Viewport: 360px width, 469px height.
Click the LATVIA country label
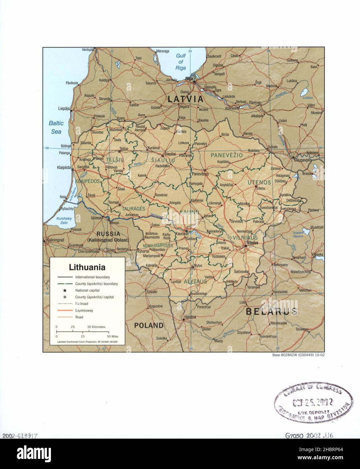click(x=186, y=99)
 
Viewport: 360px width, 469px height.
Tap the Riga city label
click(x=189, y=79)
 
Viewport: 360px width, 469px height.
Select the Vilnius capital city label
click(x=252, y=243)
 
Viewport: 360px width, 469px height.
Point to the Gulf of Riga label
click(x=181, y=62)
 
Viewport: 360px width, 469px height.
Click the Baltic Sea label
click(x=56, y=127)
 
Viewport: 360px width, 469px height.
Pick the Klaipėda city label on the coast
click(x=64, y=167)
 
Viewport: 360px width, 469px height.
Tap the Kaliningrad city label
click(x=55, y=240)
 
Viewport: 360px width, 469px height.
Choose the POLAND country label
click(x=149, y=325)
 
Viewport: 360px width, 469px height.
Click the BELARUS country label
click(x=271, y=311)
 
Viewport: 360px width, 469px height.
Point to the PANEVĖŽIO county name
click(x=226, y=155)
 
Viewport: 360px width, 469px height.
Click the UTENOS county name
click(x=259, y=182)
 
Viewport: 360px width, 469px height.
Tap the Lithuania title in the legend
click(x=87, y=267)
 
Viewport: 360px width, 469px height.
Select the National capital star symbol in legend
click(x=64, y=291)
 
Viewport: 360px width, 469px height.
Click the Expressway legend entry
click(x=84, y=310)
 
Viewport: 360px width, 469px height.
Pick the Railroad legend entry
click(x=82, y=304)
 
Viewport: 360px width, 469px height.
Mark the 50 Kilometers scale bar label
click(x=96, y=327)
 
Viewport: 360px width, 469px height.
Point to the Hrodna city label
click(x=190, y=317)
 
